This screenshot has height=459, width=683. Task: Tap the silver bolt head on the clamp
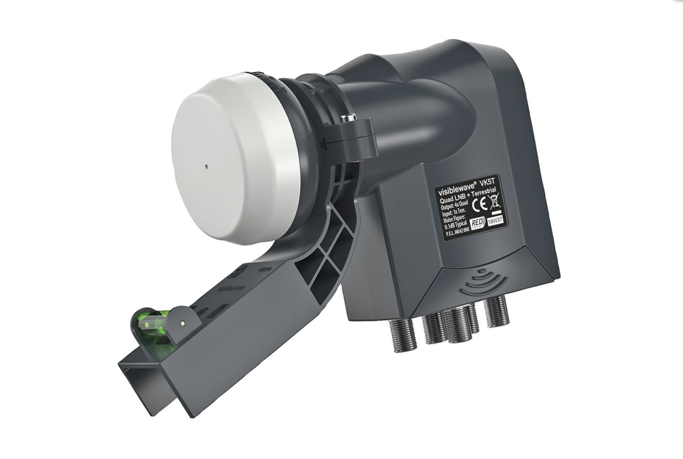click(348, 118)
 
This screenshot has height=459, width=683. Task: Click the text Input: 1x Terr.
click(453, 212)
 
